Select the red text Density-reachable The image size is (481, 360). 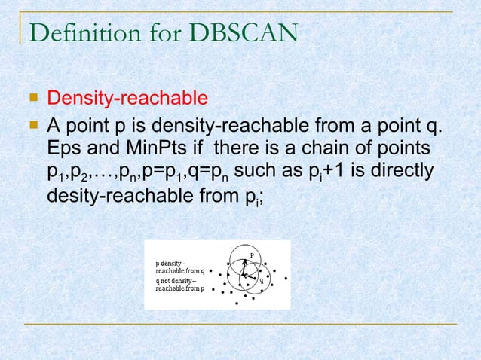click(127, 98)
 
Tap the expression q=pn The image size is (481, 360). click(212, 172)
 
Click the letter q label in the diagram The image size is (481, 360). click(261, 280)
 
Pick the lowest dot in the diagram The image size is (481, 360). click(238, 304)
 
